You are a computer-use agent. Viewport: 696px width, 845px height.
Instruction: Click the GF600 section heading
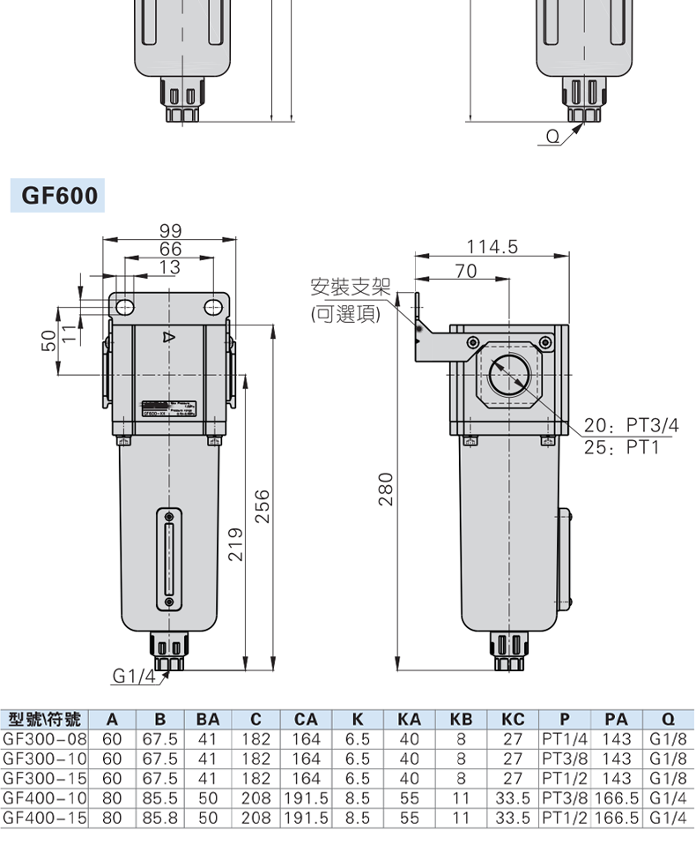[60, 195]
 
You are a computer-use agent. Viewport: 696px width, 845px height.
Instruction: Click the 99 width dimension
[170, 230]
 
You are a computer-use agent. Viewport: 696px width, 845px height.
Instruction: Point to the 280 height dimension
[386, 490]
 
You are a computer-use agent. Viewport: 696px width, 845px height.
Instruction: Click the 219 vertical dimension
[234, 544]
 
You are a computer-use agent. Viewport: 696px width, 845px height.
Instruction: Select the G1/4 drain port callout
[132, 677]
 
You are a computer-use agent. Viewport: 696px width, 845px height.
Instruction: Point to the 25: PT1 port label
[622, 447]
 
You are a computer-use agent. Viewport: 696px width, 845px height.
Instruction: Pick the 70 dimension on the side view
[465, 272]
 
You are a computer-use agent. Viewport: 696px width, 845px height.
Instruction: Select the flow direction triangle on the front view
[168, 338]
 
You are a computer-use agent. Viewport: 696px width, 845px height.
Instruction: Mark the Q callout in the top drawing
[552, 136]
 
